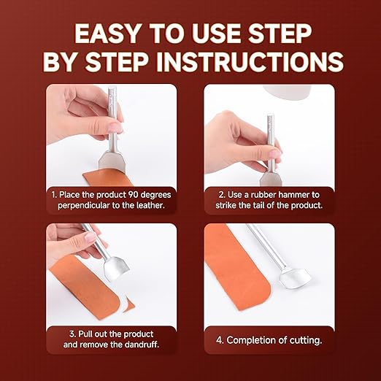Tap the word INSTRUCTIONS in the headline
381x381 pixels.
click(250, 62)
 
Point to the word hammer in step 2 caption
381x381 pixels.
click(294, 195)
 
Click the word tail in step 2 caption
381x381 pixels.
click(258, 205)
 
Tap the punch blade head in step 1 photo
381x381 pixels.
click(112, 161)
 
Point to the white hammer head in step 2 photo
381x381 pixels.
click(287, 93)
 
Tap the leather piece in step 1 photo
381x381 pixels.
click(107, 179)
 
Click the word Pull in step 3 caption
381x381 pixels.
click(85, 334)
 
